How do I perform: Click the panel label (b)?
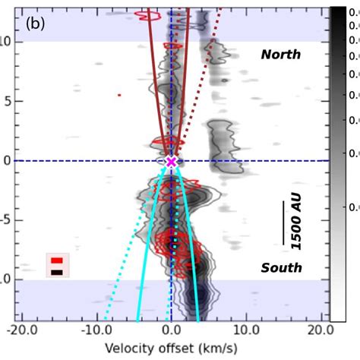point(36,23)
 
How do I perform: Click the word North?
point(280,54)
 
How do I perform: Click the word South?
point(281,267)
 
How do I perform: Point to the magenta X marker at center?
point(171,161)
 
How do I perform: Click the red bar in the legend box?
point(57,261)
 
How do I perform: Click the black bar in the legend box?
point(57,271)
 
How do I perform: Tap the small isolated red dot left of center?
point(119,95)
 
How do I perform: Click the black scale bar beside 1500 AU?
point(285,223)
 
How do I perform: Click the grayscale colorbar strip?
point(336,152)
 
